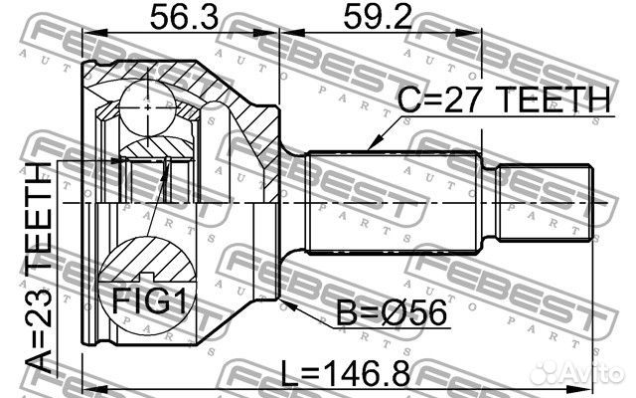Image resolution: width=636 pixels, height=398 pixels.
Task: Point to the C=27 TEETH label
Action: coord(503,99)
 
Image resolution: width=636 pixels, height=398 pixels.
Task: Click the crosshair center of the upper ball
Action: coord(146,102)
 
